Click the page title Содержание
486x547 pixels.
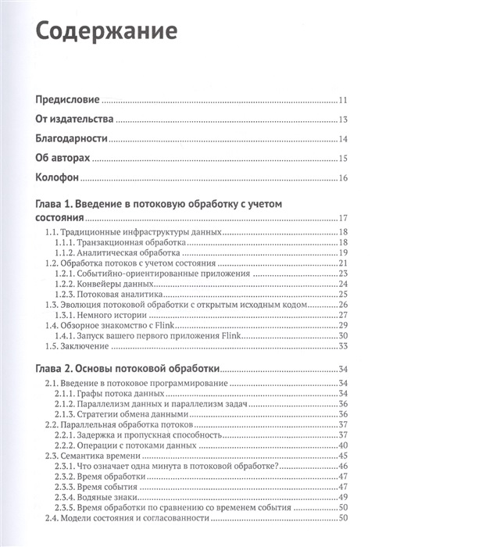[108, 32]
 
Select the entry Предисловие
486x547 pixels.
[68, 101]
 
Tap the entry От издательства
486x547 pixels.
[75, 120]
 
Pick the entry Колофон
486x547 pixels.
[59, 179]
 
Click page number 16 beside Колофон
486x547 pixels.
[342, 179]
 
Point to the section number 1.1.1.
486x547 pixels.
[67, 243]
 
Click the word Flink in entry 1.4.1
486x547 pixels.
[230, 334]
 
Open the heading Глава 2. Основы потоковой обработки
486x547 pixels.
[127, 369]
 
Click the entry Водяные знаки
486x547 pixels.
[109, 496]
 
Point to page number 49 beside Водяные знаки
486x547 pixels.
[342, 496]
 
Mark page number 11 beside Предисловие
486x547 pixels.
[342, 101]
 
